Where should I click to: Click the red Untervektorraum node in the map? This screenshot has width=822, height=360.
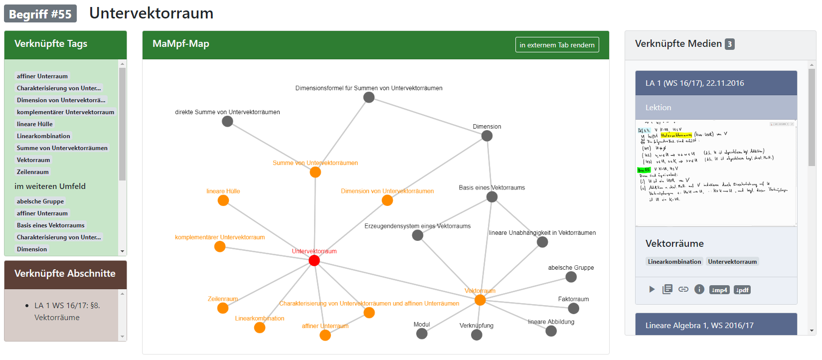pos(314,260)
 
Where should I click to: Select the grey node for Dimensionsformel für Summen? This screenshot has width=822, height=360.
pos(369,97)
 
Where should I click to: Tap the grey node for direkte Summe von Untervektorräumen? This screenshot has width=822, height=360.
pos(227,121)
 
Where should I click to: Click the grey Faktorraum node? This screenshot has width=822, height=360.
pos(573,308)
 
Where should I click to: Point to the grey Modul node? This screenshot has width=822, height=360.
pos(422,334)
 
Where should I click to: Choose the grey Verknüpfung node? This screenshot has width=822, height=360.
pos(477,335)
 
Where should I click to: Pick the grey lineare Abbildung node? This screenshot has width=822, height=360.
pos(551,331)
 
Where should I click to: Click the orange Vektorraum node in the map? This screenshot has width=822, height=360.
pos(480,300)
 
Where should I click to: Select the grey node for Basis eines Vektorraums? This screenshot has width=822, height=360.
pos(492,197)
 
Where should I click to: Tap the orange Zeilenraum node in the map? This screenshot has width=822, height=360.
pos(223,308)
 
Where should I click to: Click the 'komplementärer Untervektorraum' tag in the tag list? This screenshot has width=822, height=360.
pos(65,112)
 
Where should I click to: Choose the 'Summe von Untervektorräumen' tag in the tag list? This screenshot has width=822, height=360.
pos(62,148)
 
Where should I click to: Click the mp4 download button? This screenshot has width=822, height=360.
pos(719,290)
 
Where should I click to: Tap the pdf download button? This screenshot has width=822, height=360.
pos(742,290)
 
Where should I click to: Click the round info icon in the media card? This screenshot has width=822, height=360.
pos(699,289)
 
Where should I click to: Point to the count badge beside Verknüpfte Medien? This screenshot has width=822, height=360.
pos(729,44)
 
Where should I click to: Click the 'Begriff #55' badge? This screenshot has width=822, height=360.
pos(40,14)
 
